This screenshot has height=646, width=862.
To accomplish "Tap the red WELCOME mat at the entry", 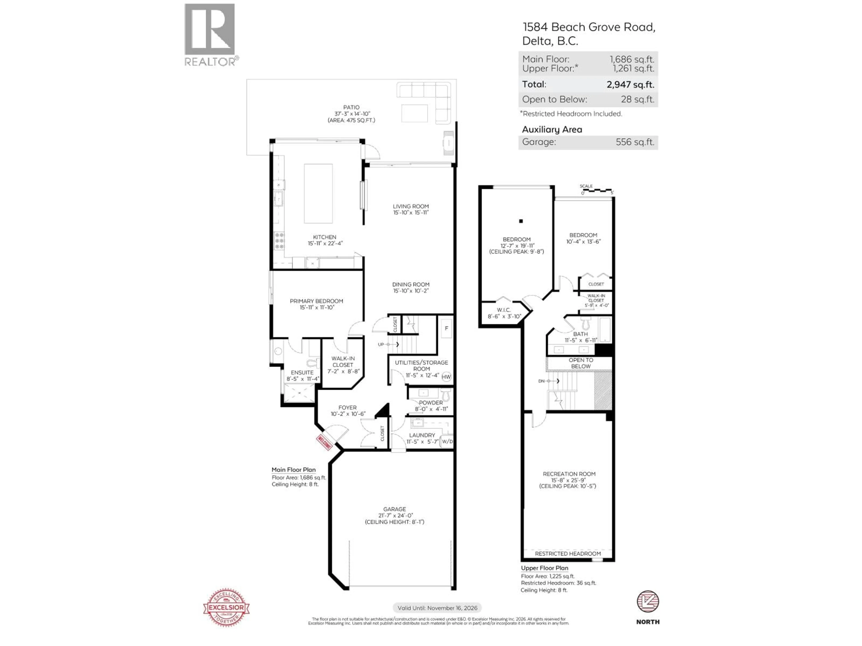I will [324, 442].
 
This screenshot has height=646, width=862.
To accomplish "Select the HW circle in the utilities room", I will [446, 377].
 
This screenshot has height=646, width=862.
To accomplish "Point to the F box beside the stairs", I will [446, 328].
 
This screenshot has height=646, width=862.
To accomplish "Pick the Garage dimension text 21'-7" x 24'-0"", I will [394, 515].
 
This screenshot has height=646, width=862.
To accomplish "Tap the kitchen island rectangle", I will [318, 194].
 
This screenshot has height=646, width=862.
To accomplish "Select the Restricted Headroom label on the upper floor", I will [567, 553].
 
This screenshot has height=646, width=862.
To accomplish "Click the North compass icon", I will [648, 602].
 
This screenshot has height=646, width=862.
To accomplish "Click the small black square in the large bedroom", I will [521, 221].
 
